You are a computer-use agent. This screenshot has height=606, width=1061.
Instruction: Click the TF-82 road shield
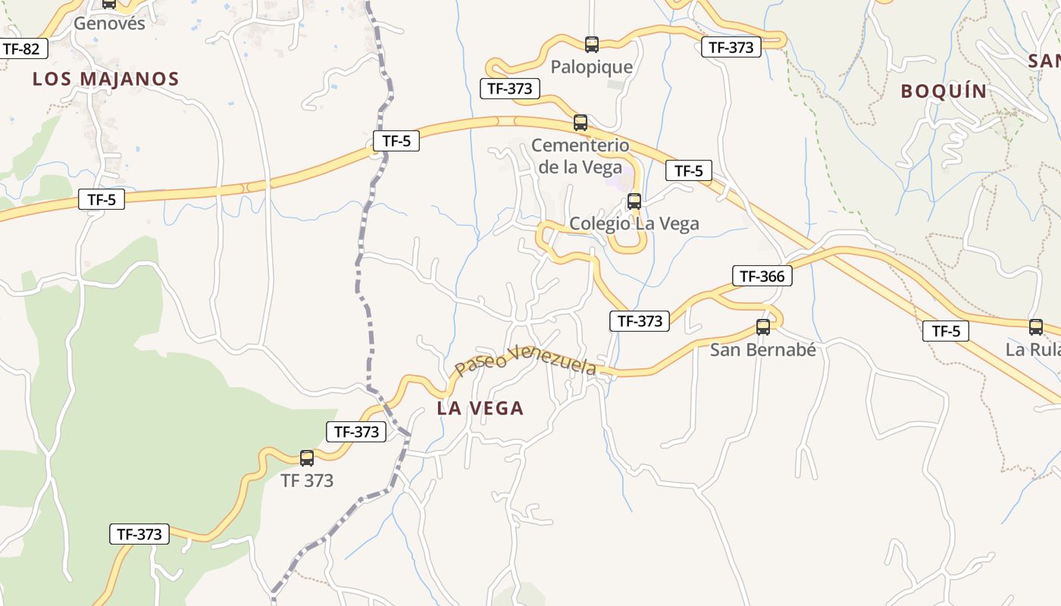(x=21, y=49)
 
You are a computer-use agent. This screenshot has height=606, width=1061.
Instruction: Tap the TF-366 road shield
(x=762, y=276)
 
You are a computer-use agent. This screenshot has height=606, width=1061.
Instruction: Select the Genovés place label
(x=109, y=23)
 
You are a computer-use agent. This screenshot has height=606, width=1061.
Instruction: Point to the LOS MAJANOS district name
(x=105, y=79)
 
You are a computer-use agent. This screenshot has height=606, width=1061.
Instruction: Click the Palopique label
(x=591, y=67)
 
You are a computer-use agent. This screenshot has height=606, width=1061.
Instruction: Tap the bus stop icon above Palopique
(x=592, y=45)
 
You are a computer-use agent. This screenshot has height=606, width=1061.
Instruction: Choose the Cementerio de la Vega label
(x=580, y=156)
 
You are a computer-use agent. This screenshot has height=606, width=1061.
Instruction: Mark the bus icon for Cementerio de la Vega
(x=581, y=123)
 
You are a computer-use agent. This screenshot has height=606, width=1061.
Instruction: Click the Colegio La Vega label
(x=634, y=223)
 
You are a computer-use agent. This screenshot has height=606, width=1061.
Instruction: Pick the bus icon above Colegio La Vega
(x=634, y=201)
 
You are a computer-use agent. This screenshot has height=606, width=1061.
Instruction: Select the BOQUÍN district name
(x=944, y=92)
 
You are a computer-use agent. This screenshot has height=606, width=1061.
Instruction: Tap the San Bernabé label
(x=762, y=350)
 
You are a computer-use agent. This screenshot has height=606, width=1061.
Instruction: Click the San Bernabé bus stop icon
(x=763, y=327)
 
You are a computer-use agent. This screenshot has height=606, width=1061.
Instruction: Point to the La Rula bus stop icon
(x=1036, y=327)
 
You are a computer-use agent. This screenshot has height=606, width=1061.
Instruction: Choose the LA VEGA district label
(x=480, y=408)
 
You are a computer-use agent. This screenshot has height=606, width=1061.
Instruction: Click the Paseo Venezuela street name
(x=525, y=360)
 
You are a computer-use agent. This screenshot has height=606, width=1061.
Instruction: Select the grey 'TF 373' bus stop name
(x=307, y=480)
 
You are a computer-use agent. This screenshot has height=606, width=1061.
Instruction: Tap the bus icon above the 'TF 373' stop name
(x=307, y=458)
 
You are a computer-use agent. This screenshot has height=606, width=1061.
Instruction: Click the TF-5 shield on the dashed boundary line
(x=396, y=140)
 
